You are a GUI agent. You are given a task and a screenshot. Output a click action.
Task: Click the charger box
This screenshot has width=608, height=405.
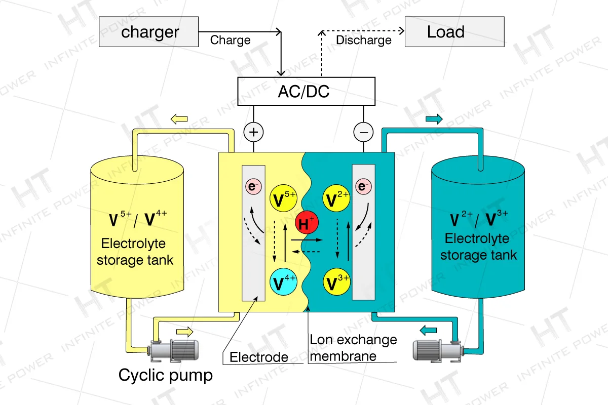[147, 32]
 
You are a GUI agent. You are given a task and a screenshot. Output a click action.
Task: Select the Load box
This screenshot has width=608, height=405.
[454, 32]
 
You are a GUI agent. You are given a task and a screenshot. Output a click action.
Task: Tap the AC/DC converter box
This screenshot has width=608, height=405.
[306, 92]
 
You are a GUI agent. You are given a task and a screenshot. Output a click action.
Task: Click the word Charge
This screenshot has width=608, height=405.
[230, 40]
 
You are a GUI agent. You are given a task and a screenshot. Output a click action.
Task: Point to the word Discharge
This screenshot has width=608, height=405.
[364, 40]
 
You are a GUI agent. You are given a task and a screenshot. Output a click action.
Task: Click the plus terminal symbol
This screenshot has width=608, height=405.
[254, 133]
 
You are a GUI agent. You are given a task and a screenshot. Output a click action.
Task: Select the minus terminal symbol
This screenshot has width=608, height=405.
[363, 133]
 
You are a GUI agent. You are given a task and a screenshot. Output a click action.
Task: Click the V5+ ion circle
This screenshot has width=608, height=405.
[284, 199]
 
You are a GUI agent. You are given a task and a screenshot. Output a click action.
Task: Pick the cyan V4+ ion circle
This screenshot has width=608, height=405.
[284, 281]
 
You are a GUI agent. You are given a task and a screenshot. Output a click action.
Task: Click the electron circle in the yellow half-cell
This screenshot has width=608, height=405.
[253, 186]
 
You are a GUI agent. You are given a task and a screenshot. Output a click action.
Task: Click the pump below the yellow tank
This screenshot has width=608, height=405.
[173, 350]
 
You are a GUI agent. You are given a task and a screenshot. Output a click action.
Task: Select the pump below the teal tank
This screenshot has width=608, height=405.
[436, 350]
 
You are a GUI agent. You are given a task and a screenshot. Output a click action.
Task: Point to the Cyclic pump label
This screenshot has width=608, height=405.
[165, 375]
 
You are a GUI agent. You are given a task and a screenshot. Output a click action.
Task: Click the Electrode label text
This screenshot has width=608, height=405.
[259, 357]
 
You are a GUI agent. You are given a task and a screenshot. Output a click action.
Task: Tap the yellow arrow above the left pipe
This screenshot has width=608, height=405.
[179, 119]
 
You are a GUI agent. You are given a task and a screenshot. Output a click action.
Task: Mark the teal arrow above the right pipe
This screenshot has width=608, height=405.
[434, 119]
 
